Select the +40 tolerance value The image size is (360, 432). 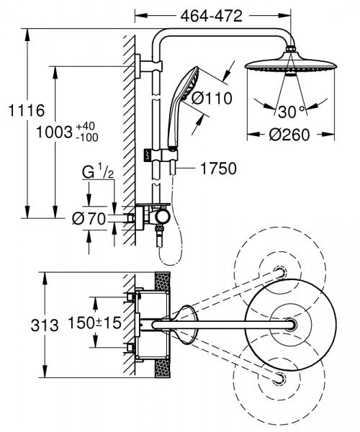90,127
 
